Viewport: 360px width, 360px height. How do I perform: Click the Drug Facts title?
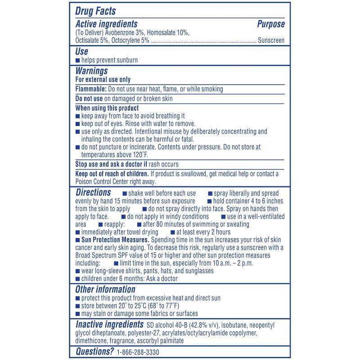pyautogui.click(x=95, y=11)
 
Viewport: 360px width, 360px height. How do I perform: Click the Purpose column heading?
pyautogui.click(x=271, y=24)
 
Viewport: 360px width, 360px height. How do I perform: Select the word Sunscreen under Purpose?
pyautogui.click(x=271, y=40)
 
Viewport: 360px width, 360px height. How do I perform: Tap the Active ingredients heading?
pyautogui.click(x=106, y=24)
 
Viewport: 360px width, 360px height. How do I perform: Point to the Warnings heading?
pyautogui.click(x=91, y=71)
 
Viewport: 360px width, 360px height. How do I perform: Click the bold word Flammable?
pyautogui.click(x=91, y=89)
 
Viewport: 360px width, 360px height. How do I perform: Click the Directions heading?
pyautogui.click(x=93, y=193)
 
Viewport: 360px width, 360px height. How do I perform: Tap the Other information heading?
pyautogui.click(x=105, y=289)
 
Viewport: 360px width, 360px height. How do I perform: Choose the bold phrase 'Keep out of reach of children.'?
pyautogui.click(x=112, y=174)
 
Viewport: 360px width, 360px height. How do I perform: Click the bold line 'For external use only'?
pyautogui.click(x=103, y=80)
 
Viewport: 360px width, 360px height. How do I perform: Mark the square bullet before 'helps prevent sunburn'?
pyautogui.click(x=77, y=60)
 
